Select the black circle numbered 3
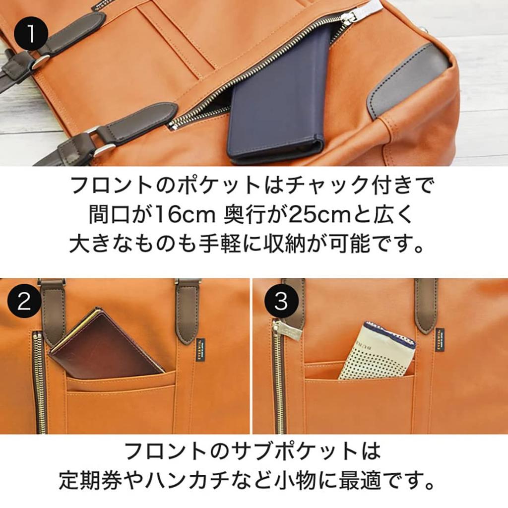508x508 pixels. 281,301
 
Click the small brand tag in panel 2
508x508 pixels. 196,347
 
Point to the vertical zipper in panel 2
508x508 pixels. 39,382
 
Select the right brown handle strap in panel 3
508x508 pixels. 426,305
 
